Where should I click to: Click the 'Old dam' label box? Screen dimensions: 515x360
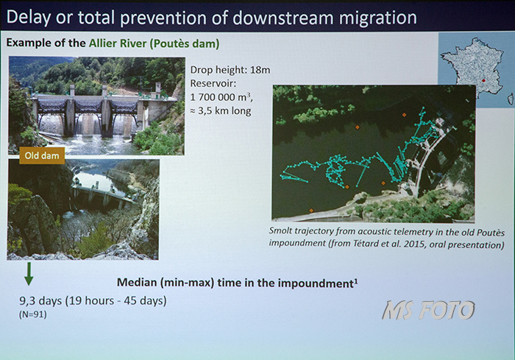point(42,155)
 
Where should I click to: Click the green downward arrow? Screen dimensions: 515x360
point(29,274)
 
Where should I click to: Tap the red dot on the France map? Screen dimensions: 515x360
point(483,80)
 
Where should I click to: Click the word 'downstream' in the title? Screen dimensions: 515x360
point(283,18)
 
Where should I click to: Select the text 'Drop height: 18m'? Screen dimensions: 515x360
point(230,70)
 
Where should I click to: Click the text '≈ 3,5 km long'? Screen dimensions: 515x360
point(221,110)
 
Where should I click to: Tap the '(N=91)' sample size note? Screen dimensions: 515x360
point(33,314)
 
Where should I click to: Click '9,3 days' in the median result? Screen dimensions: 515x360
point(40,301)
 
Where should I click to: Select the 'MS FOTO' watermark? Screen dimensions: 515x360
point(429,310)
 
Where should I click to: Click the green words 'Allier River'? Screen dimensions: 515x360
point(118,43)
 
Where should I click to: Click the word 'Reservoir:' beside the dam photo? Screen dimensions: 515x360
point(213,83)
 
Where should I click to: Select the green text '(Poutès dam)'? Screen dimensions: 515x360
point(185,43)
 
